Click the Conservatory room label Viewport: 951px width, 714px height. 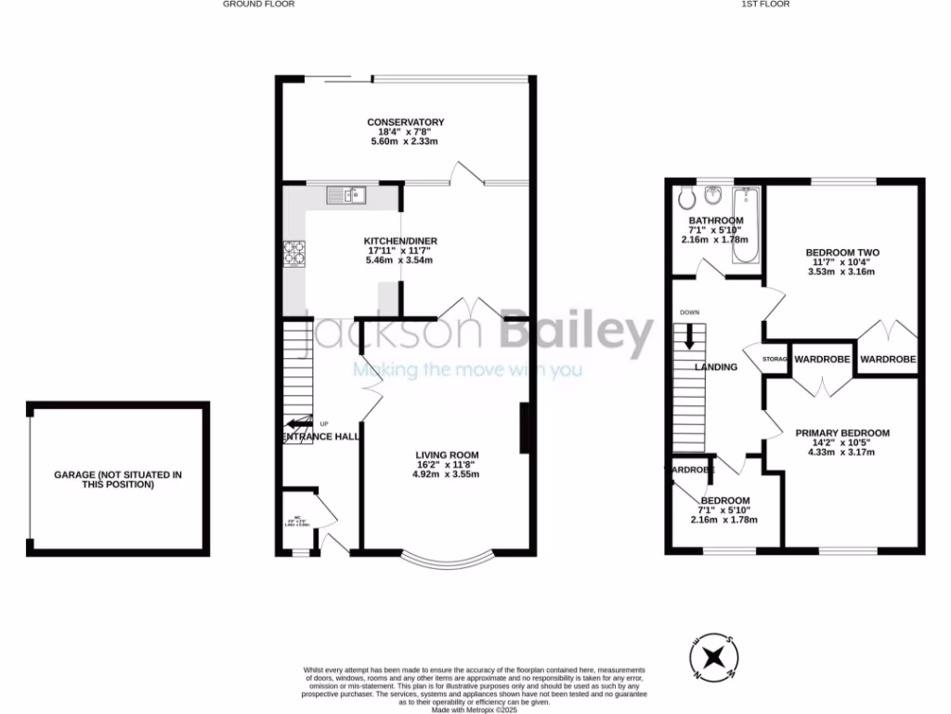click(405, 123)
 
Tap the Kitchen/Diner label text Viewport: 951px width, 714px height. click(399, 242)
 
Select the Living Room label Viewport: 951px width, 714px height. click(447, 455)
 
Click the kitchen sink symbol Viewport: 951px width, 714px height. click(346, 194)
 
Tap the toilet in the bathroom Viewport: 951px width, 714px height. click(686, 197)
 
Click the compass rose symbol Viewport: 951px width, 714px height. click(715, 656)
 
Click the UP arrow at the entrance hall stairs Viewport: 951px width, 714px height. click(300, 423)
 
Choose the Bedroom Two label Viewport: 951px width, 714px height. click(841, 253)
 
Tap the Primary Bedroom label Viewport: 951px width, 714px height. click(841, 433)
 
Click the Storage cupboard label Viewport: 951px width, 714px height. click(775, 359)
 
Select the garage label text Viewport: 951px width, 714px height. click(118, 480)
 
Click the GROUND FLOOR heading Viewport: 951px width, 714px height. click(259, 5)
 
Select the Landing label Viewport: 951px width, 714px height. click(716, 367)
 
